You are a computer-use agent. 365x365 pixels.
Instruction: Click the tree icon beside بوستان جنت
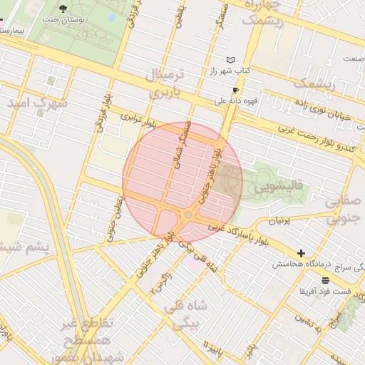(63, 9)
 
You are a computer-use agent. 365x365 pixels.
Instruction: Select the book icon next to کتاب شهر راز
(230, 60)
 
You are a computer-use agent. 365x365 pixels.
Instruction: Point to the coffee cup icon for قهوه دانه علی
(236, 91)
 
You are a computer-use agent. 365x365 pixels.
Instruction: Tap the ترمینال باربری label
(165, 83)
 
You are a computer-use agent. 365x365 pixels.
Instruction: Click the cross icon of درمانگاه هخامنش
(301, 253)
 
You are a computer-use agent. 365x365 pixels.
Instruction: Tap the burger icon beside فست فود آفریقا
(326, 280)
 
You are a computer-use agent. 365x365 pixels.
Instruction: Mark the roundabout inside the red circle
(188, 215)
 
